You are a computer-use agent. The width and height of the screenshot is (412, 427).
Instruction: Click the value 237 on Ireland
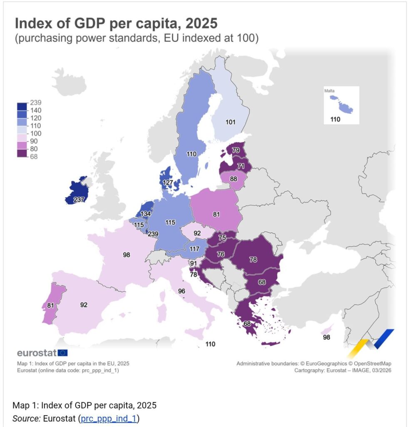79,200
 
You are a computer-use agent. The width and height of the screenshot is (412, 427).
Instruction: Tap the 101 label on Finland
230,122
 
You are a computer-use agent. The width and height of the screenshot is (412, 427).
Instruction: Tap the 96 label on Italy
181,291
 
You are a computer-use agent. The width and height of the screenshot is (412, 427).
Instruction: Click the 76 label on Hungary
221,254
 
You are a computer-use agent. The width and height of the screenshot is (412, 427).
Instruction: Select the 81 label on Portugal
51,305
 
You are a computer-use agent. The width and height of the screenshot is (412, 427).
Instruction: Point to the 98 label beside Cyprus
326,337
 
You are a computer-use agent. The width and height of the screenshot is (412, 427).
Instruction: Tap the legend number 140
36,111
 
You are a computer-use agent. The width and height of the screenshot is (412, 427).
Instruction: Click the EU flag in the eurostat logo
63,353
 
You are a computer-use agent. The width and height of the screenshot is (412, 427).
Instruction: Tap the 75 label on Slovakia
222,238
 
